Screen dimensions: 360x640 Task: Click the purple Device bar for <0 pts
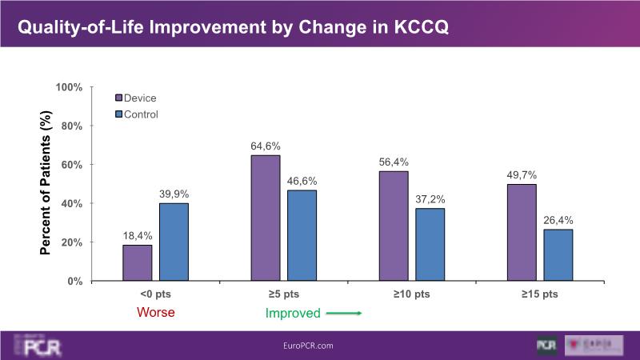click(x=137, y=262)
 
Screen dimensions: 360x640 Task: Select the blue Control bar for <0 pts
click(x=174, y=242)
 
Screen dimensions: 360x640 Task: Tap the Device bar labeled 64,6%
click(x=266, y=218)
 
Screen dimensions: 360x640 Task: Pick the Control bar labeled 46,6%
click(x=302, y=235)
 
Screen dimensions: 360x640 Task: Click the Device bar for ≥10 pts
click(x=394, y=226)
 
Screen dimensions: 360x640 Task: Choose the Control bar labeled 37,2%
click(x=430, y=244)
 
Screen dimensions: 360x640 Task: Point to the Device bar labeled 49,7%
click(x=522, y=232)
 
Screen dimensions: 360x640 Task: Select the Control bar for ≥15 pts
click(x=558, y=254)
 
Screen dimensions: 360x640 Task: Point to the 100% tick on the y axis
click(x=69, y=87)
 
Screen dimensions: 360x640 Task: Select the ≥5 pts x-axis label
click(x=283, y=294)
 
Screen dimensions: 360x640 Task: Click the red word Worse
click(x=156, y=313)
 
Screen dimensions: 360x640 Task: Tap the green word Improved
click(x=293, y=314)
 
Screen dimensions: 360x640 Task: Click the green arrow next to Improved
click(x=346, y=314)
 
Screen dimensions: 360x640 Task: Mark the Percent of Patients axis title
click(x=46, y=183)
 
